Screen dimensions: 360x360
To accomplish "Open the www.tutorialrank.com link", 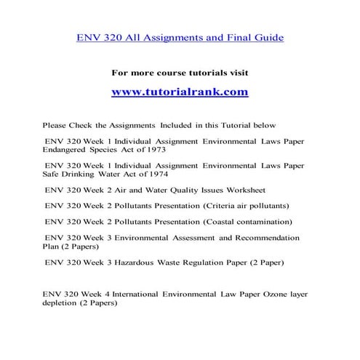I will [180, 92].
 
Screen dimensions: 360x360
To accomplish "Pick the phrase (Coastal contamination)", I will [249, 221].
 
